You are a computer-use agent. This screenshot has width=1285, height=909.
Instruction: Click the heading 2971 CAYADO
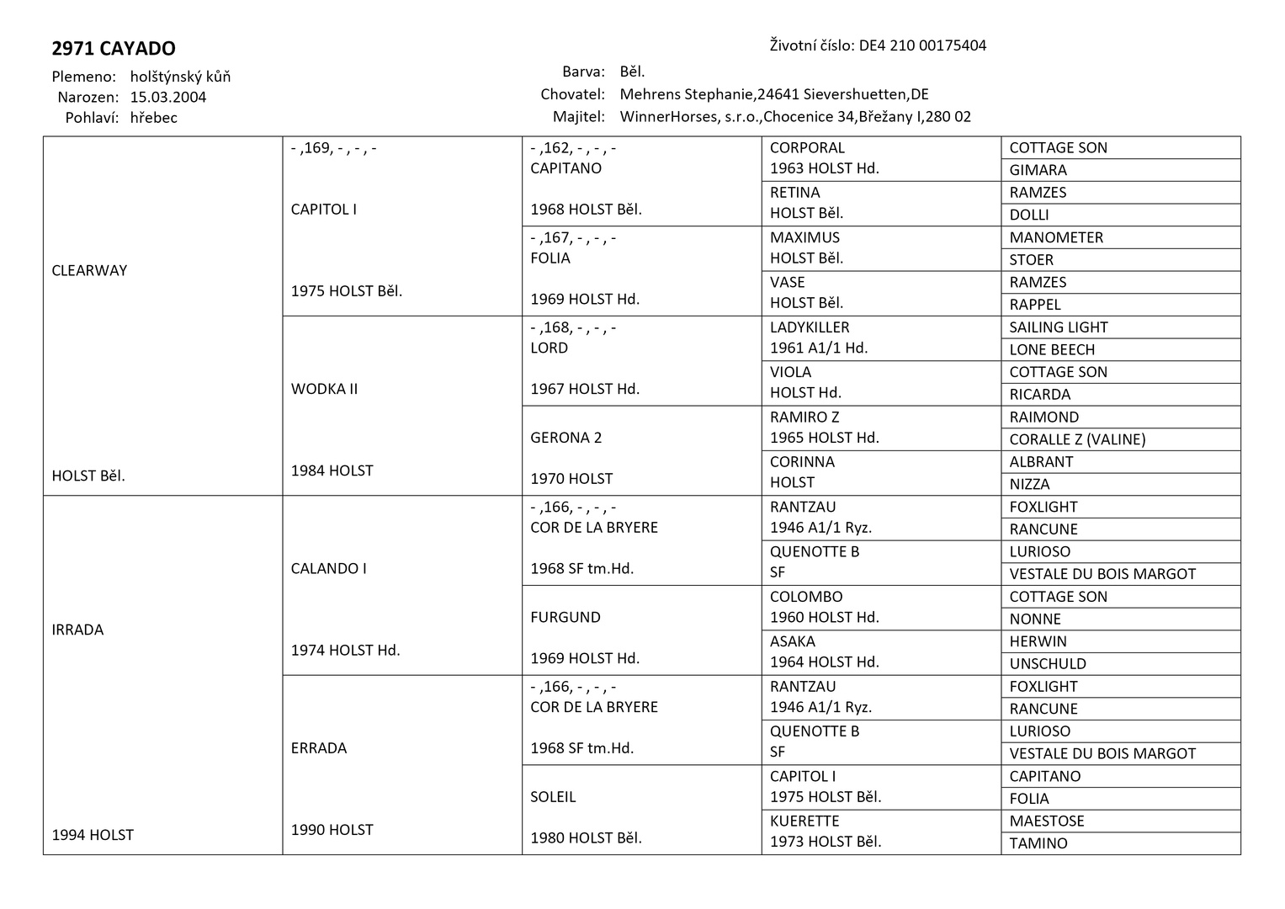coord(114,49)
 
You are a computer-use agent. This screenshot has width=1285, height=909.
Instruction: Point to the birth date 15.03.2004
coord(168,97)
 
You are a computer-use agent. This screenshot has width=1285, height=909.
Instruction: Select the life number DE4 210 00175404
coord(922,45)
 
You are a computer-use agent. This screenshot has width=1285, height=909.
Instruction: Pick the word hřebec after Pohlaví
coord(154,118)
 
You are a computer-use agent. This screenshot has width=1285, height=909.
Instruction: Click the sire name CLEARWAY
coord(89,270)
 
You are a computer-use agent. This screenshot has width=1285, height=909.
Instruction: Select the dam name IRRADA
coord(77,630)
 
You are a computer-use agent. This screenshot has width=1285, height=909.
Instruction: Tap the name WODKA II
coord(324,389)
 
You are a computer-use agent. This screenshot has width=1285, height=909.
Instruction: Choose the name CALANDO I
coord(328,568)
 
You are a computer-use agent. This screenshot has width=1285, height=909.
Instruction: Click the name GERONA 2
coord(566,438)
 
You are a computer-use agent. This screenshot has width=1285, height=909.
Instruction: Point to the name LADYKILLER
coord(810,327)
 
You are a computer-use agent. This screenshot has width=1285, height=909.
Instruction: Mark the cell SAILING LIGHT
coord(1058,327)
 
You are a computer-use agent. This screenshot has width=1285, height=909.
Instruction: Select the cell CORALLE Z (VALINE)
coord(1077,439)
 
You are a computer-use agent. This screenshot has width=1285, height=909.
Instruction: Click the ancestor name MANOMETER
coord(1056,237)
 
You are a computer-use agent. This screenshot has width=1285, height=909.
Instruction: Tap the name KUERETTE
coord(804,821)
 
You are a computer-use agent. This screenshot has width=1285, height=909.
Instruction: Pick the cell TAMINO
coord(1038,843)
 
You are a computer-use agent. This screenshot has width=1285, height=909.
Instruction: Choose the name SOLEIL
coord(553,796)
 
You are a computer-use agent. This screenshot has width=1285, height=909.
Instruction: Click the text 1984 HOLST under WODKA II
coord(332,470)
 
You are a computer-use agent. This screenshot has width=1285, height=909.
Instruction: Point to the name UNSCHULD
coord(1048,664)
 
